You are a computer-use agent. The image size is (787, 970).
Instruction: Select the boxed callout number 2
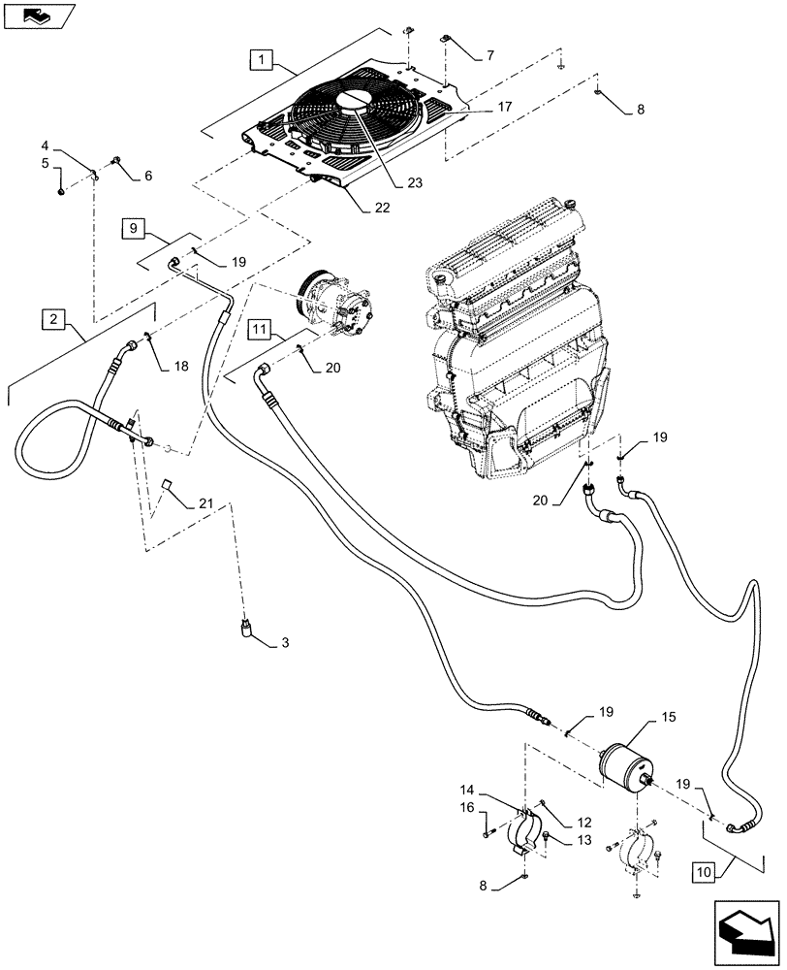click(x=53, y=318)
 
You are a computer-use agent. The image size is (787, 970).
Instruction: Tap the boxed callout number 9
click(x=134, y=229)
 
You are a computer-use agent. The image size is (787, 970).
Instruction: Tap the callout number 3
click(x=286, y=643)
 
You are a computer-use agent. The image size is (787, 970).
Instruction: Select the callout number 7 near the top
click(x=489, y=56)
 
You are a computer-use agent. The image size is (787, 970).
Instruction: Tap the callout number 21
click(x=204, y=503)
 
